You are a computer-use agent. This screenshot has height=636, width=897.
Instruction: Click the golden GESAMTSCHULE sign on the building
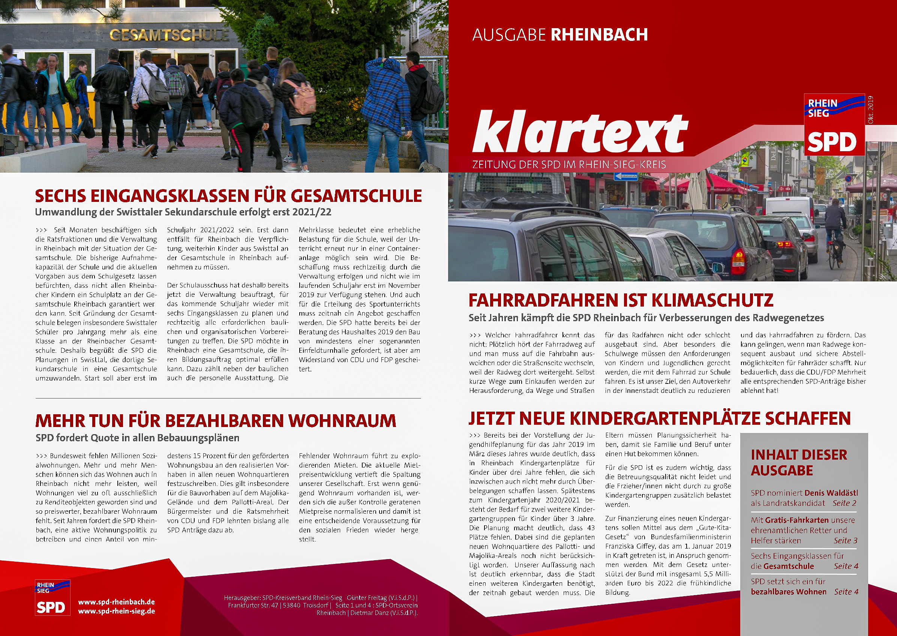169,35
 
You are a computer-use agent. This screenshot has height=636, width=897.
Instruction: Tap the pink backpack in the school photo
302,98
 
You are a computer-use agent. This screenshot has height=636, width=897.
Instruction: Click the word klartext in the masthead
580,132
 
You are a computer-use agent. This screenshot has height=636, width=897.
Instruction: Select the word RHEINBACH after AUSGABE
599,35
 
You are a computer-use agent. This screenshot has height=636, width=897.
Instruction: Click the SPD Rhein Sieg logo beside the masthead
834,125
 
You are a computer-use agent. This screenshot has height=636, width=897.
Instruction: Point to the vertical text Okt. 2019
870,110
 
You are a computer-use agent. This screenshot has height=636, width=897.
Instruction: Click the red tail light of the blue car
738,261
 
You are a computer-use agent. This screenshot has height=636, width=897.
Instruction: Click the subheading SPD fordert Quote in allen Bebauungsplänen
137,438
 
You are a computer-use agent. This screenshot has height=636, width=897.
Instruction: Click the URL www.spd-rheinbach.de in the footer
116,602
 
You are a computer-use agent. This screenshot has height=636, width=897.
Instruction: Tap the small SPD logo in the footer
52,598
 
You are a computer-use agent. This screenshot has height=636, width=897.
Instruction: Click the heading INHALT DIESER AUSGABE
799,463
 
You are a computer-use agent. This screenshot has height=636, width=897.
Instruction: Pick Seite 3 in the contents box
845,540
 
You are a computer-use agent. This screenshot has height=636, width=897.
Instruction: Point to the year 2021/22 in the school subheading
312,212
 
